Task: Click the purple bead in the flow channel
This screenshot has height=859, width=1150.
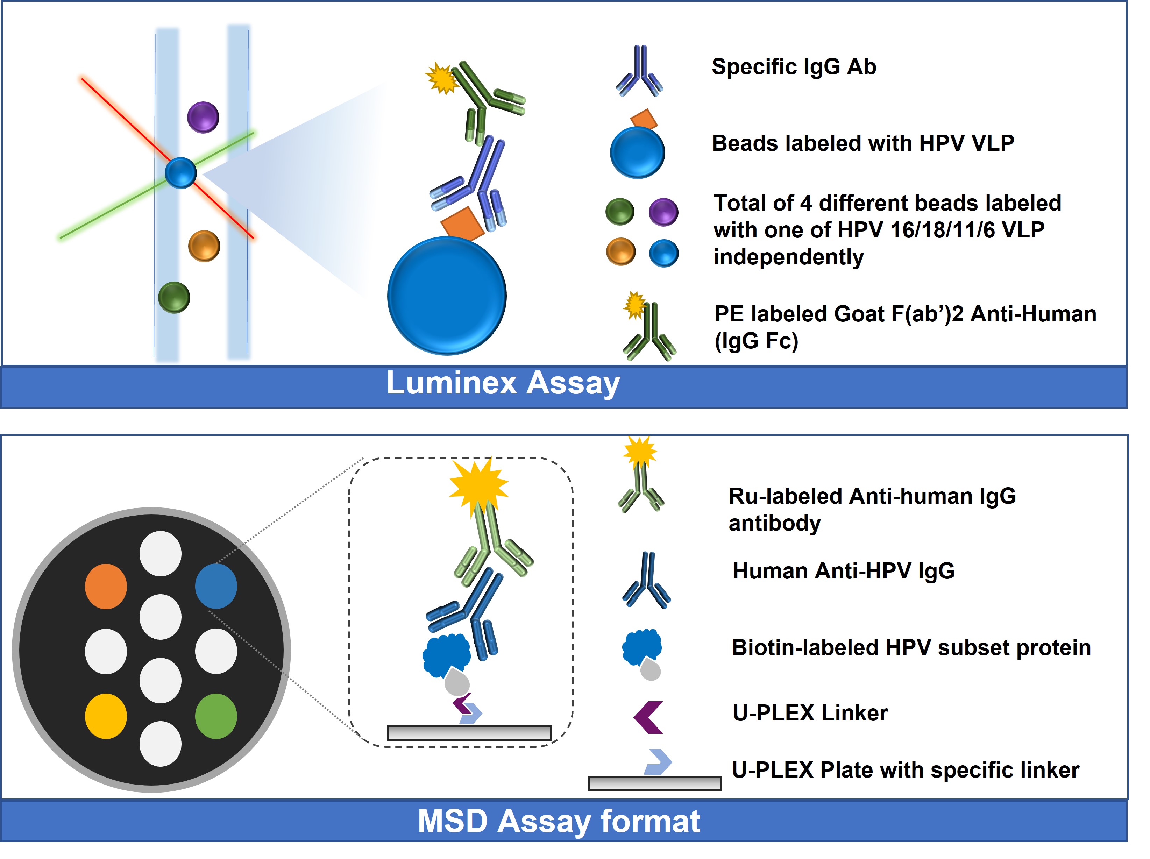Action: point(203,117)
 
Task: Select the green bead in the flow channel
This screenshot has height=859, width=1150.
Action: point(174,297)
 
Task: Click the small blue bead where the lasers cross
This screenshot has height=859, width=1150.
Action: point(181,173)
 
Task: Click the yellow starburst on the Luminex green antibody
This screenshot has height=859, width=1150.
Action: point(442,78)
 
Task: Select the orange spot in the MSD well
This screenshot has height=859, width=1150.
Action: point(106,587)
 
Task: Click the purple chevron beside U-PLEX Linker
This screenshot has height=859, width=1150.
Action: point(648,718)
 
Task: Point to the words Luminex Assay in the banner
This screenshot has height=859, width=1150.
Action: point(503,383)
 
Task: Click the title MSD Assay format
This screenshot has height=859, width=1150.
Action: point(559,822)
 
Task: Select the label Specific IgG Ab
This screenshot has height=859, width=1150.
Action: point(794,67)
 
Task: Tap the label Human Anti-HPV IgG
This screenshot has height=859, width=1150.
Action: point(844,571)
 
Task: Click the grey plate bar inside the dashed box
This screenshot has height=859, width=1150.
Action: point(469,733)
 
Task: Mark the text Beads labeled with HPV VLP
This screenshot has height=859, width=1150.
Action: point(863,143)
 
